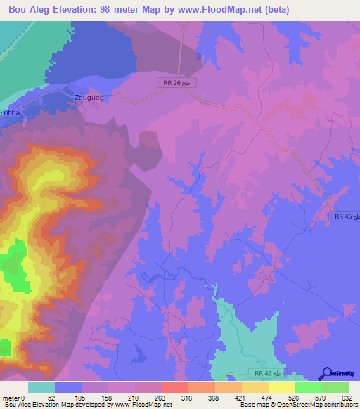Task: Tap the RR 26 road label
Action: tap(176, 83)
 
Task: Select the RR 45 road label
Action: tap(345, 217)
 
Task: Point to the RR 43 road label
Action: tap(266, 372)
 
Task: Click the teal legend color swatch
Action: tap(41, 388)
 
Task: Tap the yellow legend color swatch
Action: tap(281, 388)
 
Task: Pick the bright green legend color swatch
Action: tap(308, 388)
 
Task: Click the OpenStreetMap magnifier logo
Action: tap(326, 373)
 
